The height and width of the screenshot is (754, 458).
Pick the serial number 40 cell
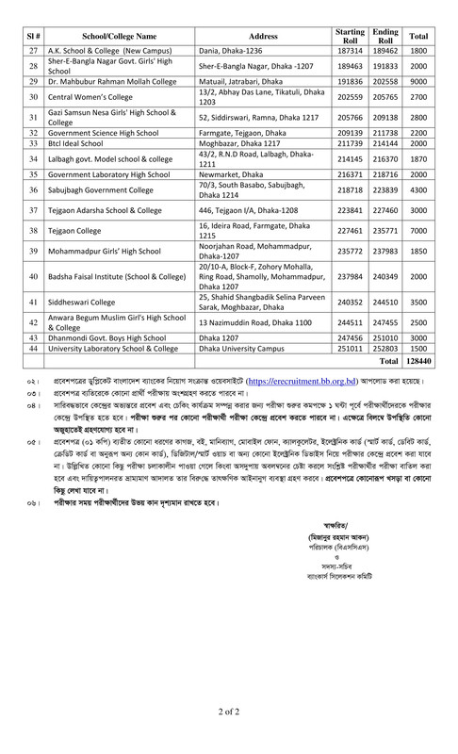click(x=32, y=276)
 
